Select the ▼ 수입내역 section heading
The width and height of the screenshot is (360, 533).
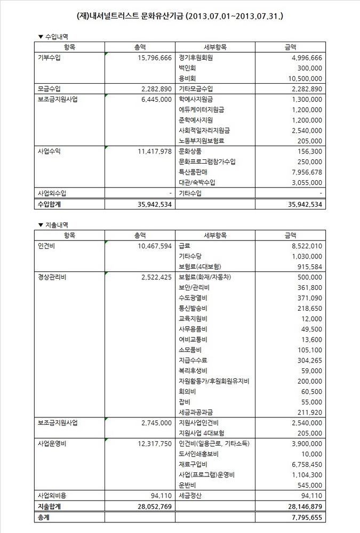[53, 36]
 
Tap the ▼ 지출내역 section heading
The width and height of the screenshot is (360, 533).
[53, 224]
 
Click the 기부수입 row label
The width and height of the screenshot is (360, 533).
[50, 58]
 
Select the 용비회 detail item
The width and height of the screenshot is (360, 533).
[188, 78]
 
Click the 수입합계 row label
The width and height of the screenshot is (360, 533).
[51, 204]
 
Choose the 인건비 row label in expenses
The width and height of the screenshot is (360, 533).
[46, 246]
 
